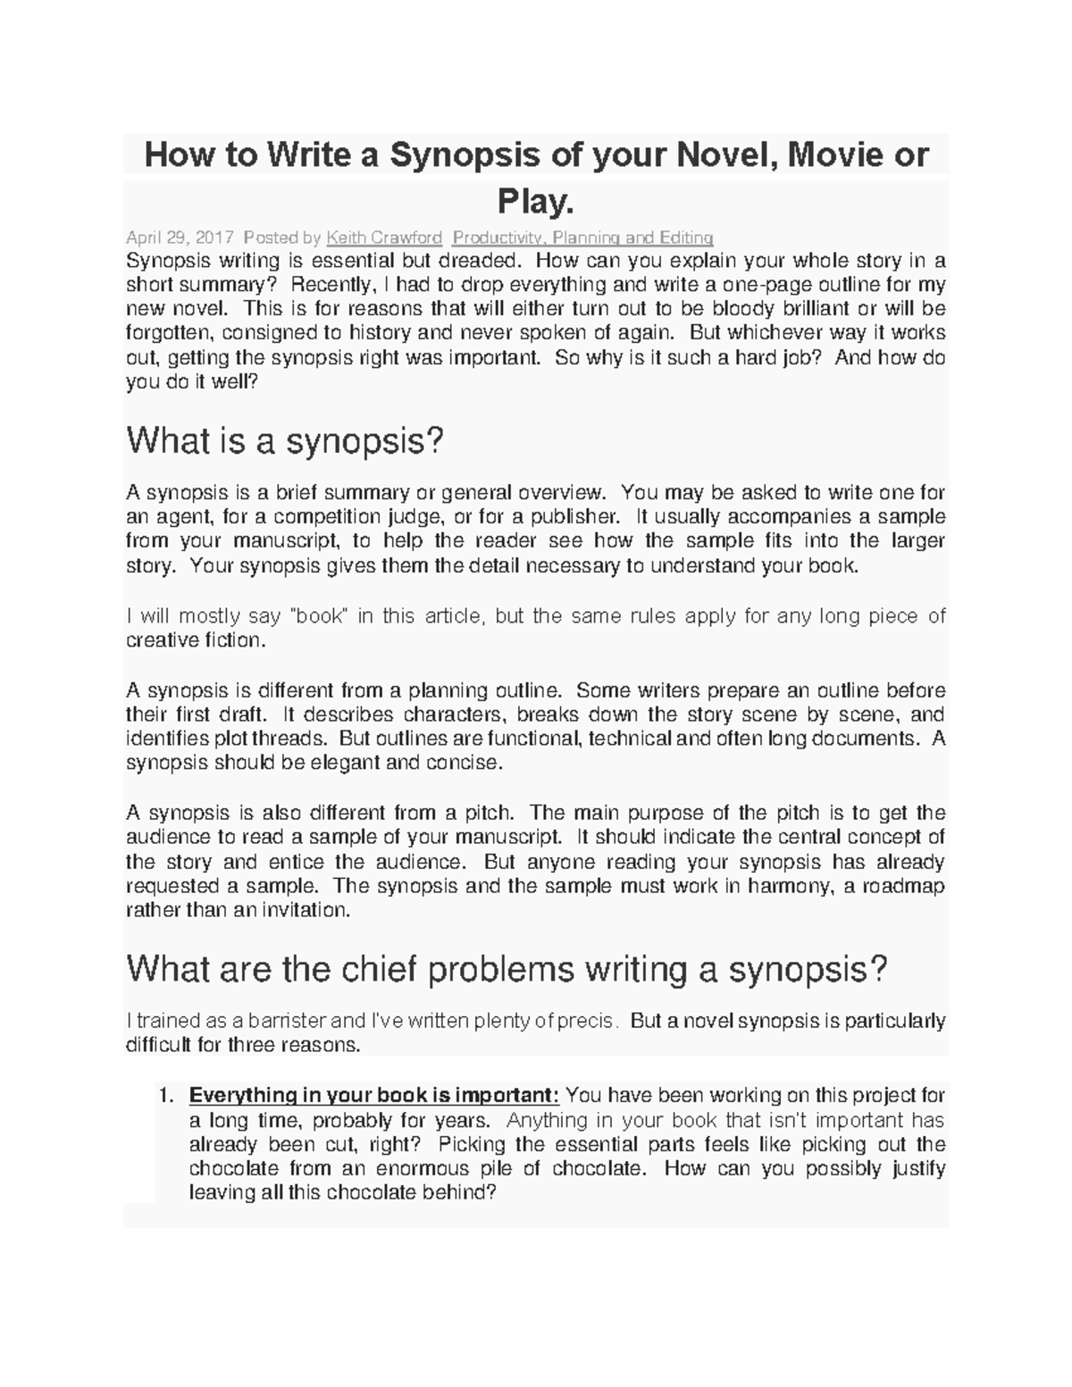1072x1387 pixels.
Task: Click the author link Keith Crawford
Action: (384, 238)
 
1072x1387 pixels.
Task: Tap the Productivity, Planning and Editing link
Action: (582, 238)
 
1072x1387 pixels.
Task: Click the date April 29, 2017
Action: (180, 238)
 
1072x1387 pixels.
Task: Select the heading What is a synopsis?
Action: (285, 440)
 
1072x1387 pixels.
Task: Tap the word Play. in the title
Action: (535, 203)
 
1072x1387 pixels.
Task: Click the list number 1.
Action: (163, 1096)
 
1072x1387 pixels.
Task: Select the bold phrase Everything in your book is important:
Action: (374, 1096)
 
